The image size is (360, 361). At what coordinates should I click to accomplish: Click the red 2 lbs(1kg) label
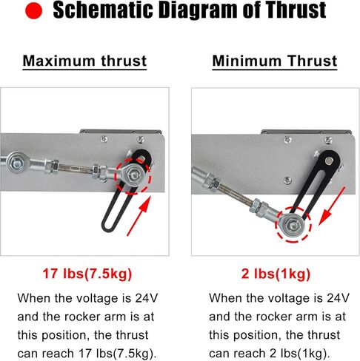pyautogui.click(x=274, y=274)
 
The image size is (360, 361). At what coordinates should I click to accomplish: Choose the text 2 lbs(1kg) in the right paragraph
pyautogui.click(x=301, y=351)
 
